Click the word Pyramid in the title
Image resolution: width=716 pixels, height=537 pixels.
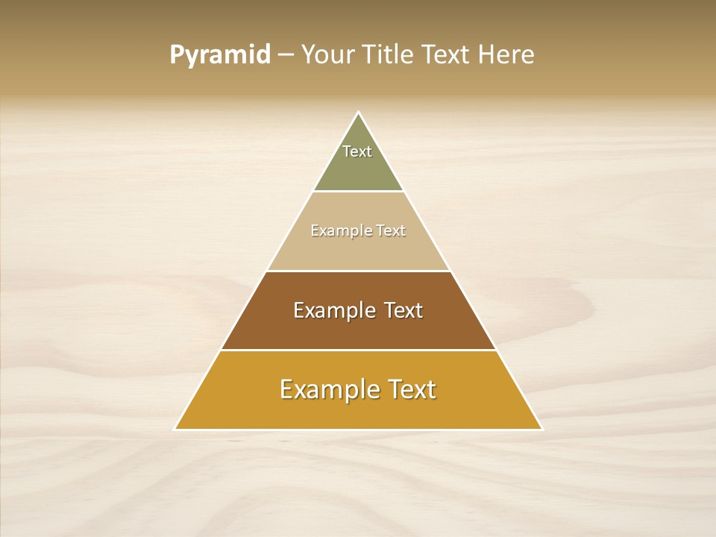tap(219, 55)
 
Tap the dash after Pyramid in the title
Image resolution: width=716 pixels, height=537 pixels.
tap(285, 55)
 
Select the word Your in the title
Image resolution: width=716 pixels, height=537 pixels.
tap(327, 55)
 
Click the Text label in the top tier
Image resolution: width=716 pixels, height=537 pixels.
tap(357, 151)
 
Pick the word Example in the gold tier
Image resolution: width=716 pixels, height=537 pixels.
tap(328, 389)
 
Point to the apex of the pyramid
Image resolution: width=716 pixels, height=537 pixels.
tap(358, 113)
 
